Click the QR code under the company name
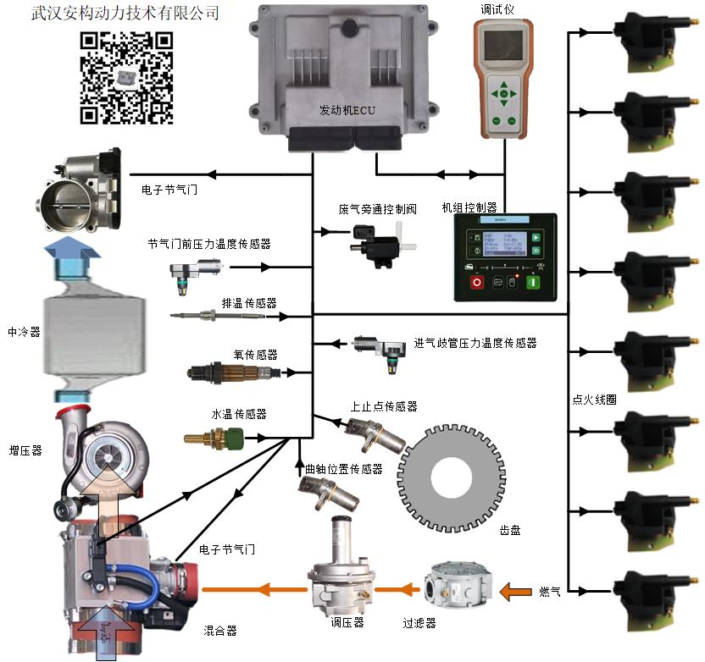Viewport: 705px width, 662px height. coord(126,78)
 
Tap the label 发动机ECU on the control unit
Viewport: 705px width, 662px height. coord(347,111)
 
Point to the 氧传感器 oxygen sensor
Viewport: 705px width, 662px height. coord(237,372)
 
